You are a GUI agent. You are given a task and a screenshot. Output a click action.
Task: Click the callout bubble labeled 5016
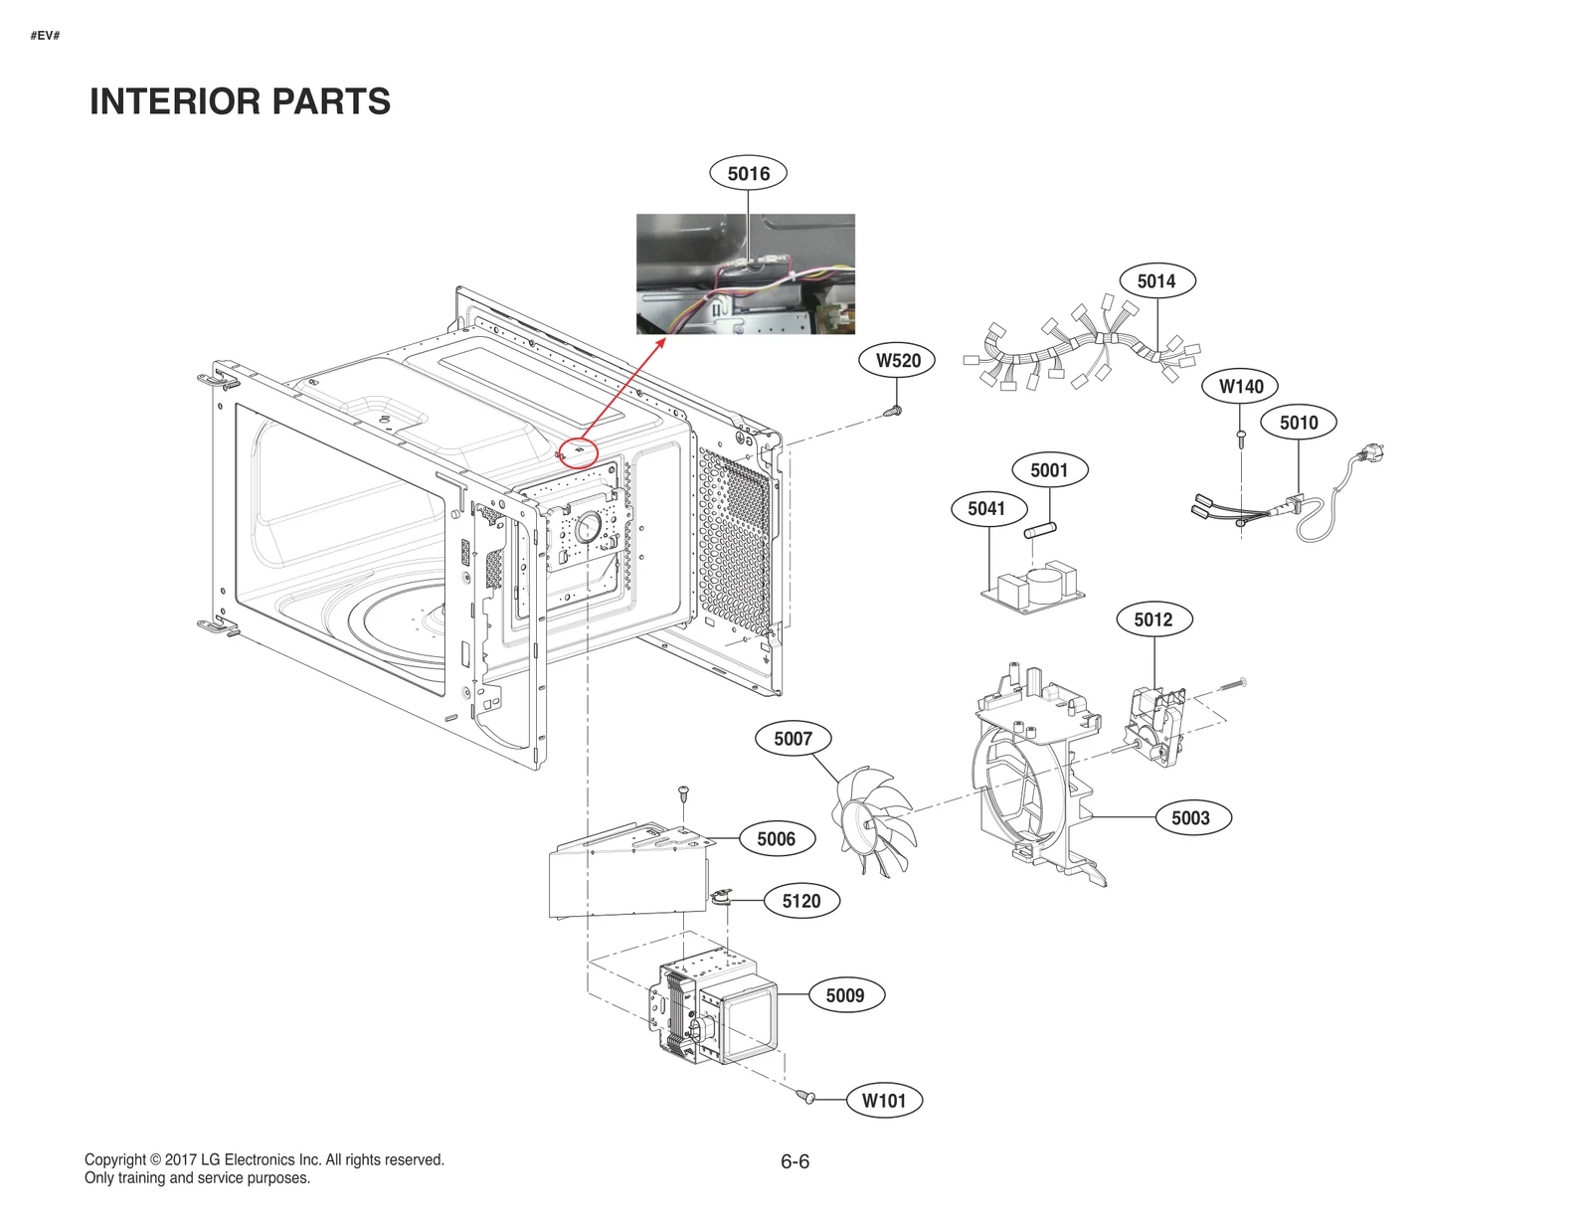tap(748, 174)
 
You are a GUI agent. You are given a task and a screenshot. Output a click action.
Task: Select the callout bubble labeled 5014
tap(1156, 281)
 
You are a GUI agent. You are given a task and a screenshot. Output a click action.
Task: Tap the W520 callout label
tap(898, 361)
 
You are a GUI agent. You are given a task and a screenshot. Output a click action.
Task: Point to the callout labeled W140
tap(1241, 387)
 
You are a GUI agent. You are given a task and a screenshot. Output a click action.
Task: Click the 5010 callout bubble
tap(1299, 423)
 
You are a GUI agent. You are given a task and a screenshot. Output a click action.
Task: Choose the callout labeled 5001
tap(1049, 470)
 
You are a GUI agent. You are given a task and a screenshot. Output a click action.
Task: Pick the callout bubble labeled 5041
tap(986, 509)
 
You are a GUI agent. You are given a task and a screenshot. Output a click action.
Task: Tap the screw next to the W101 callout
tap(806, 1096)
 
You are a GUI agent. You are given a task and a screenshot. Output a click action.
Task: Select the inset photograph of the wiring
tap(746, 273)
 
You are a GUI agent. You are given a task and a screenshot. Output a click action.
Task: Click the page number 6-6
tap(795, 1161)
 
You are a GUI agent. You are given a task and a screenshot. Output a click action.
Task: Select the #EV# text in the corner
tap(45, 36)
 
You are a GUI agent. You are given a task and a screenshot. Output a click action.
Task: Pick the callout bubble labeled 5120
tap(801, 901)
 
